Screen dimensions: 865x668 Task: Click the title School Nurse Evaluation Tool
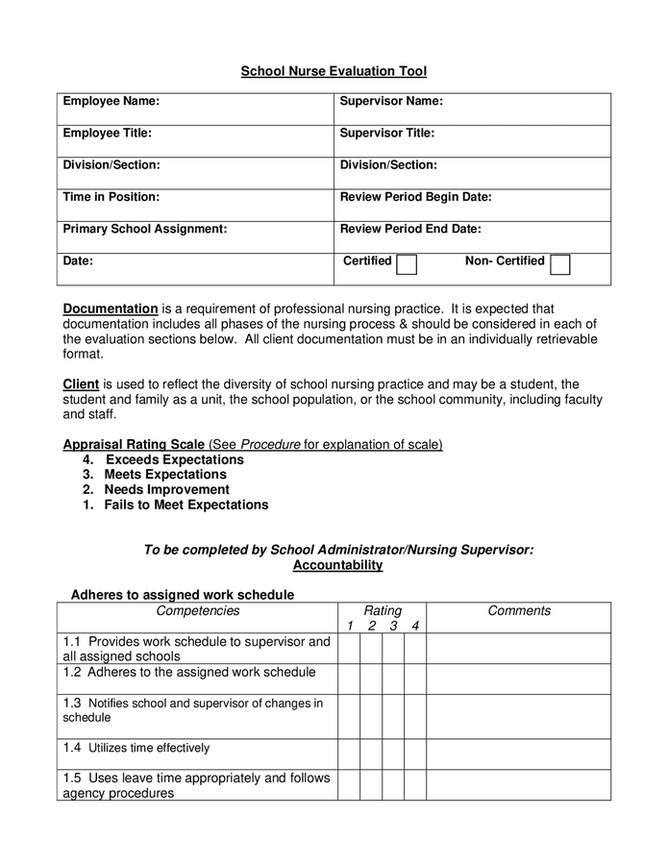tap(333, 71)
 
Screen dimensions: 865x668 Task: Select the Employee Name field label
tap(111, 101)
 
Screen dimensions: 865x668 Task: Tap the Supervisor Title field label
tap(387, 133)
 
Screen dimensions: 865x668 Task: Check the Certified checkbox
tap(407, 264)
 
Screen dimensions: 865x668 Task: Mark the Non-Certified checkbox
tap(560, 264)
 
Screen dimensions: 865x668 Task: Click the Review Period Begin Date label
tap(415, 196)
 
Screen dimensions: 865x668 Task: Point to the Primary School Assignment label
tap(144, 229)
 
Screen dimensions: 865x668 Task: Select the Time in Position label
tap(111, 196)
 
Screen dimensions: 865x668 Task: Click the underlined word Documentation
tap(111, 309)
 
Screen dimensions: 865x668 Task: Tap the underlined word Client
tap(81, 383)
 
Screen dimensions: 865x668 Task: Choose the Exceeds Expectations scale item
tap(174, 459)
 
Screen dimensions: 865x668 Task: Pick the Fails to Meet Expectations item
tap(186, 505)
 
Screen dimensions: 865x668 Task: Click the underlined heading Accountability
tap(337, 565)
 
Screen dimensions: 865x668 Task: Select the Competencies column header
tap(198, 611)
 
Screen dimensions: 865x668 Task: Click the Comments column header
tap(519, 611)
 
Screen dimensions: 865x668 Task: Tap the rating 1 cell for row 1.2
tap(349, 679)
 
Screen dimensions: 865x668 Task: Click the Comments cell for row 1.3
tap(518, 716)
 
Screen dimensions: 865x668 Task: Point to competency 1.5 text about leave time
tap(196, 785)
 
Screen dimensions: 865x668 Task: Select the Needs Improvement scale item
tap(166, 489)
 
